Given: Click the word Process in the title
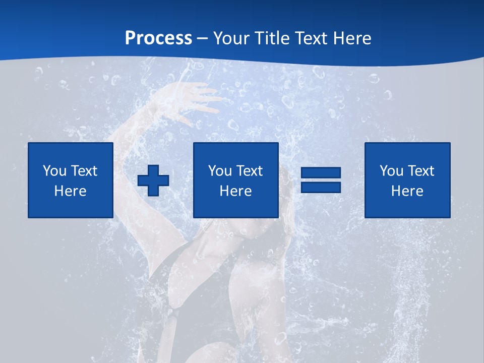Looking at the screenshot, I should tap(158, 38).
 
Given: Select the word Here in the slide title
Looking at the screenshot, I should tap(352, 38).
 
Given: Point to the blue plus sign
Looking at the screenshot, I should tap(153, 180).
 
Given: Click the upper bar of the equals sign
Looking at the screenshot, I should tap(321, 173).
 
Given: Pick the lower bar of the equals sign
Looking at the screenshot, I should tap(321, 187).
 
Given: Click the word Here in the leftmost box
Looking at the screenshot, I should tap(71, 191).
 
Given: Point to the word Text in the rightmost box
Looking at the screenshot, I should tap(421, 171).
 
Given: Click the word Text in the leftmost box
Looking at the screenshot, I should tap(84, 171).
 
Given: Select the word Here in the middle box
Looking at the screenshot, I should tap(236, 191).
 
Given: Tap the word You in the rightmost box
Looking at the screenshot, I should tap(391, 171).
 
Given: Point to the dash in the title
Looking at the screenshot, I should tap(202, 38).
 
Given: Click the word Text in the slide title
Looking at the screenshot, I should tap(311, 38).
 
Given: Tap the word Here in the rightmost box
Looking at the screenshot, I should tap(407, 191).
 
